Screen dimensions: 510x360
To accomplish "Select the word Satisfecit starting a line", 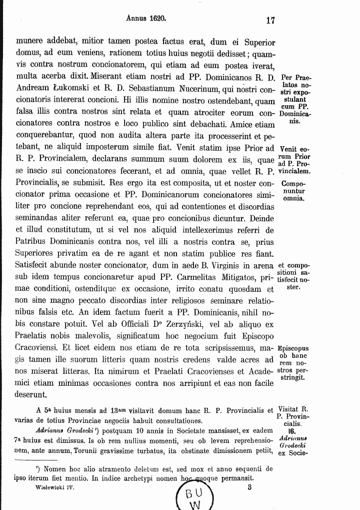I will pos(36,265).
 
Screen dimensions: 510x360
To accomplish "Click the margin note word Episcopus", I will pos(293,348).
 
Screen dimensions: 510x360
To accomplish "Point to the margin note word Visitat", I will pos(290,409).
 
